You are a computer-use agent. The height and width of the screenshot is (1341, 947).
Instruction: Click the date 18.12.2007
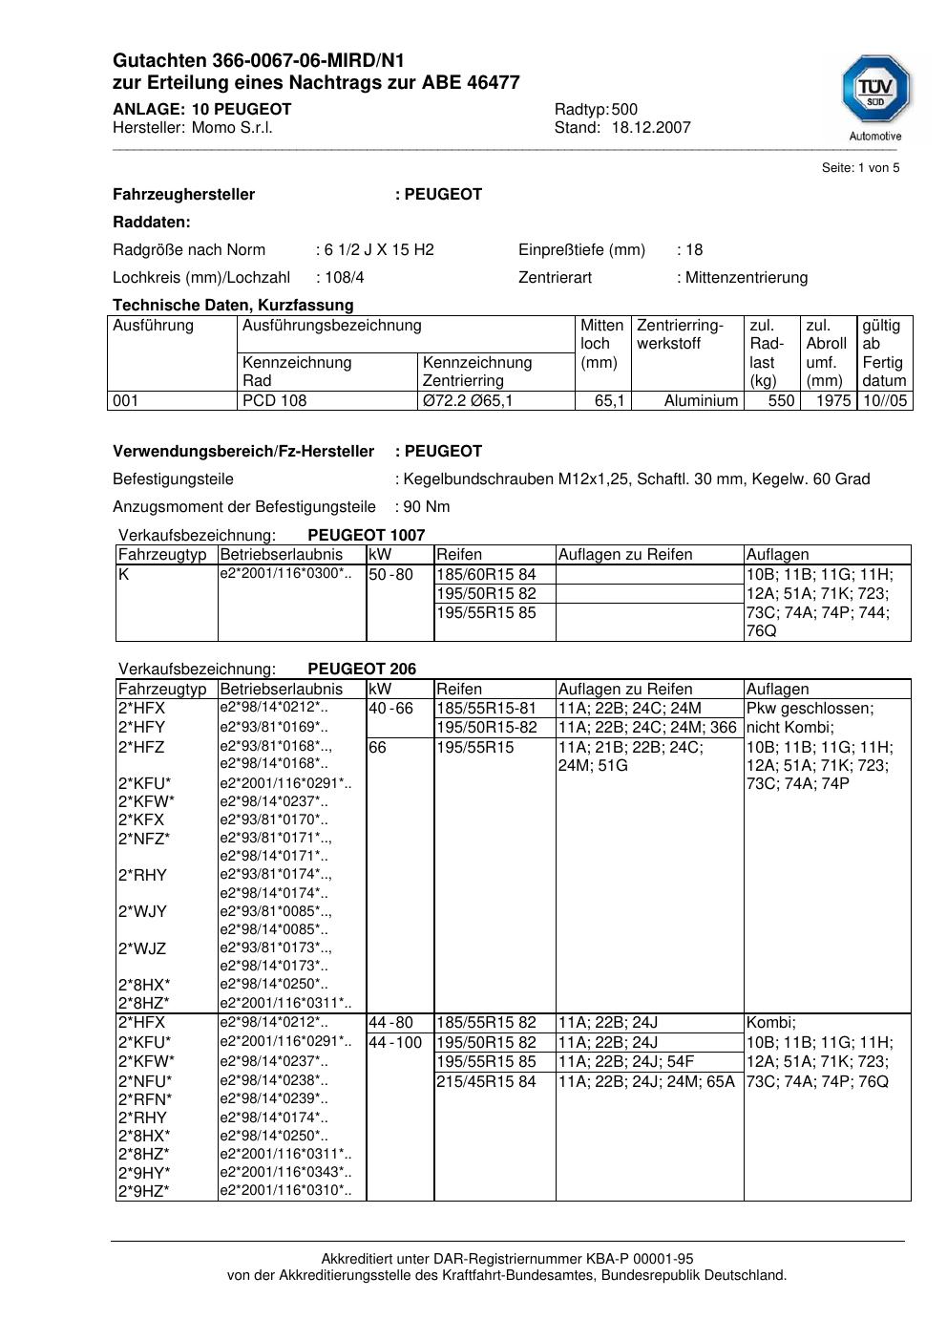pyautogui.click(x=651, y=128)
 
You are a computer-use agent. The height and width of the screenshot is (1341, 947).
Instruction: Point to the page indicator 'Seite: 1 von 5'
pyautogui.click(x=860, y=168)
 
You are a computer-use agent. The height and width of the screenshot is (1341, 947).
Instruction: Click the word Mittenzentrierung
pyautogui.click(x=746, y=278)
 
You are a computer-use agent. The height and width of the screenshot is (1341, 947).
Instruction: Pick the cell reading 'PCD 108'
pyautogui.click(x=275, y=401)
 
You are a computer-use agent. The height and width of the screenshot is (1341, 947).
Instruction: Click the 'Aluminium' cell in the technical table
pyautogui.click(x=701, y=401)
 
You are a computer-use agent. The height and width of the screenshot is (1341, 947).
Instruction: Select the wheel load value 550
pyautogui.click(x=781, y=401)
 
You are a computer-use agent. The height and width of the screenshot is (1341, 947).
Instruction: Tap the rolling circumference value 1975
pyautogui.click(x=832, y=401)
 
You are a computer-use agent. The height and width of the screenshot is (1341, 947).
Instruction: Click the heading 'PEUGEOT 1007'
pyautogui.click(x=366, y=536)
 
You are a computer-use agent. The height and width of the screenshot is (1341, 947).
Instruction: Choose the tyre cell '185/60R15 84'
pyautogui.click(x=486, y=575)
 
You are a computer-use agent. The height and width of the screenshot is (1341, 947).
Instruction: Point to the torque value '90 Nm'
pyautogui.click(x=426, y=507)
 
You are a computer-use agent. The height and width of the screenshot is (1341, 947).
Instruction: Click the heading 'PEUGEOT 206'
pyautogui.click(x=362, y=670)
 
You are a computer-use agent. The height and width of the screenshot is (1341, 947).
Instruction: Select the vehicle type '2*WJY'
pyautogui.click(x=142, y=912)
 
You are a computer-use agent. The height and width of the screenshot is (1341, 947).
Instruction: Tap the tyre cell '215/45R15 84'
pyautogui.click(x=486, y=1082)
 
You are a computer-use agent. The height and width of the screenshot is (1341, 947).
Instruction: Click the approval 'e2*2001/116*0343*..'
pyautogui.click(x=285, y=1173)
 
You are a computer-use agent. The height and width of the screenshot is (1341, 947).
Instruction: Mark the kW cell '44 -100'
pyautogui.click(x=395, y=1043)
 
